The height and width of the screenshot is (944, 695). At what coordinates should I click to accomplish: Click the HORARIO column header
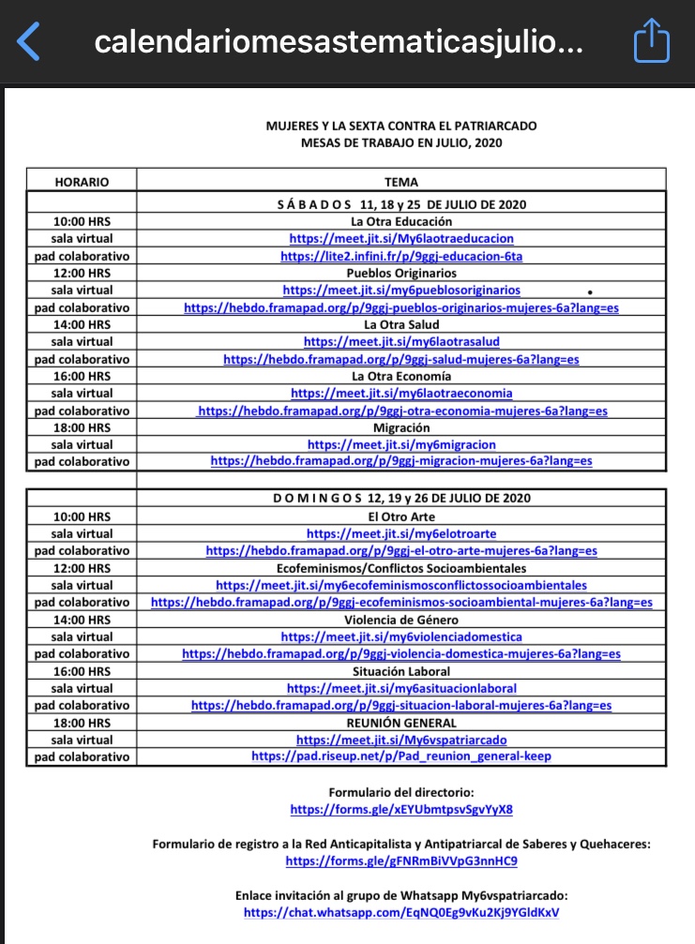(82, 182)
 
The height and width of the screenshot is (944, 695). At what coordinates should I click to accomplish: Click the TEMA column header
(401, 182)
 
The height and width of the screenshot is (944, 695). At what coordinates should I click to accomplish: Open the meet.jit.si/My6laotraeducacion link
(401, 239)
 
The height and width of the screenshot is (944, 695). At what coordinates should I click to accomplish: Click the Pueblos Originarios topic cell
(401, 273)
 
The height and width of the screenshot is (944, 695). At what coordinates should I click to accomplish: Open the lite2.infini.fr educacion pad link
(401, 256)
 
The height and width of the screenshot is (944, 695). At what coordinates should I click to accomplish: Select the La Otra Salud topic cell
(401, 324)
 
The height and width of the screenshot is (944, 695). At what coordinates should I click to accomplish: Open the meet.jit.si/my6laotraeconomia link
(401, 393)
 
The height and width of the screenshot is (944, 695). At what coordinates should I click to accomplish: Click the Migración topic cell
(401, 427)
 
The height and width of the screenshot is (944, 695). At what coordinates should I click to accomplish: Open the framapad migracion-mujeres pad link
(401, 461)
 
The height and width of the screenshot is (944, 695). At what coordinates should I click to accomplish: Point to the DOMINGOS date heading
(401, 499)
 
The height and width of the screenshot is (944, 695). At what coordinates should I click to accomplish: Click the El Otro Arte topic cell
(401, 517)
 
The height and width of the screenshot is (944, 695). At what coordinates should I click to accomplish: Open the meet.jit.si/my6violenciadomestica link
(401, 637)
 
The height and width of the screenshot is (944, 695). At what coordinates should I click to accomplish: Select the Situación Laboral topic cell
(401, 671)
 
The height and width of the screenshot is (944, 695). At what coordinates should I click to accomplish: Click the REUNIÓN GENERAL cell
(401, 723)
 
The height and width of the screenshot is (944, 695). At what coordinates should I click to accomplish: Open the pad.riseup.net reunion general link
(401, 757)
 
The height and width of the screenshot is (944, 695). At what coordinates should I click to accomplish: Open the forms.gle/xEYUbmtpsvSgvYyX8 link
(401, 809)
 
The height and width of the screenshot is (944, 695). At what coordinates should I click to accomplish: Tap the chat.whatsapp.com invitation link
(401, 912)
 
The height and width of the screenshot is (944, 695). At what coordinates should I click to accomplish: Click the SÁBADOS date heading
(401, 204)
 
